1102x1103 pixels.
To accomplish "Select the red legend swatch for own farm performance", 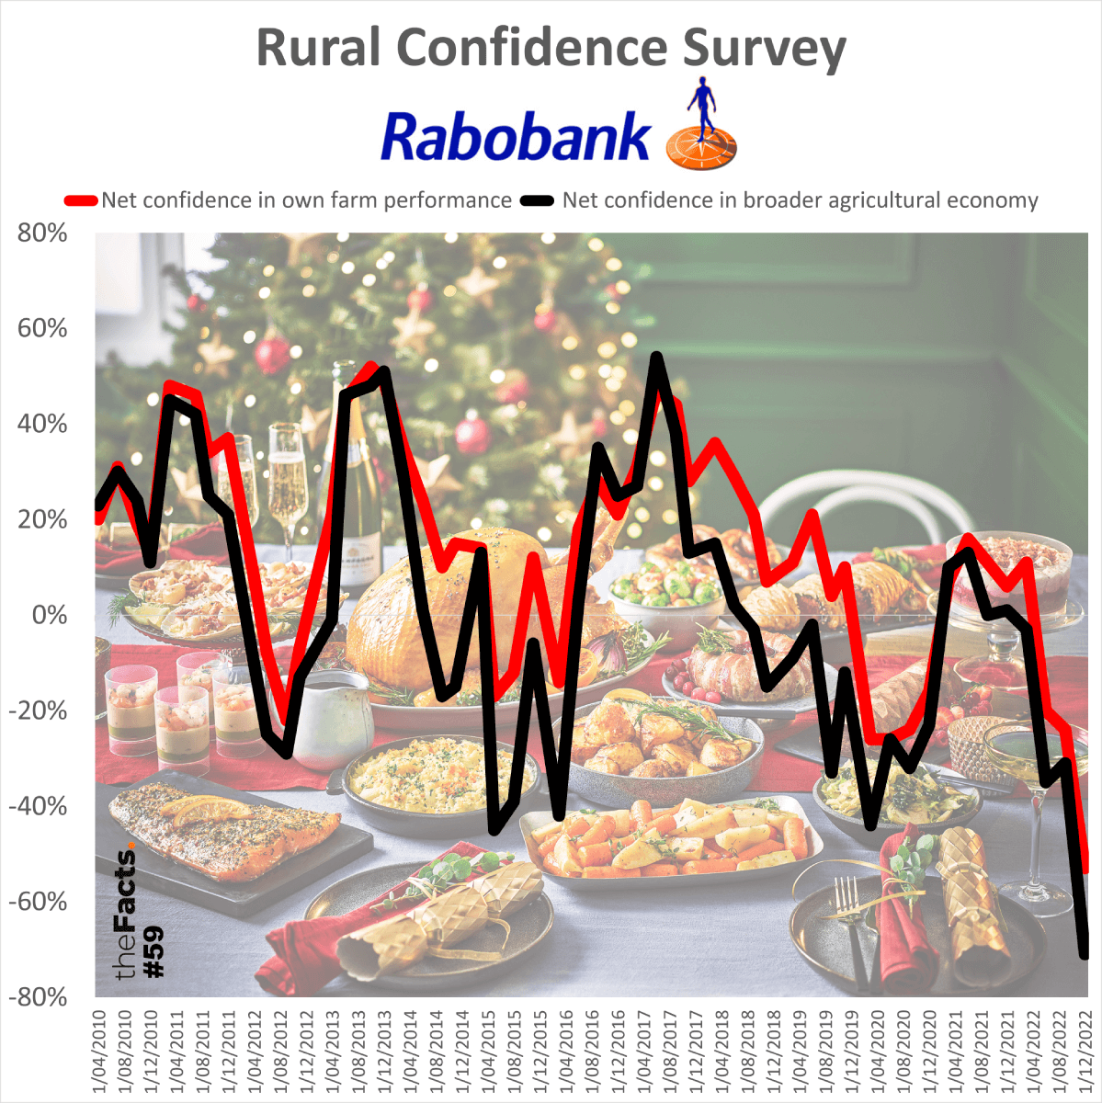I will pos(80,200).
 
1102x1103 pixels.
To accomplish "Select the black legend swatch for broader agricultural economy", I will pos(538,200).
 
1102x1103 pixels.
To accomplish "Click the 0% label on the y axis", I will pos(50,615).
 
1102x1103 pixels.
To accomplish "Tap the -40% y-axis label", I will pos(39,806).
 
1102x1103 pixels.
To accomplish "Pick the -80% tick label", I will pos(39,997).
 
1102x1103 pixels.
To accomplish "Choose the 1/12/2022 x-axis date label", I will pos(1085,1052).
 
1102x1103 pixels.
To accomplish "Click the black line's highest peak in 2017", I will pos(656,357).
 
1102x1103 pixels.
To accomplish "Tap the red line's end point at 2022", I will pos(1086,868).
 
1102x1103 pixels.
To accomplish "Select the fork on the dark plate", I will pos(851,919).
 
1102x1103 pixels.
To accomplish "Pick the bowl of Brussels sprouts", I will pos(667,589).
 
